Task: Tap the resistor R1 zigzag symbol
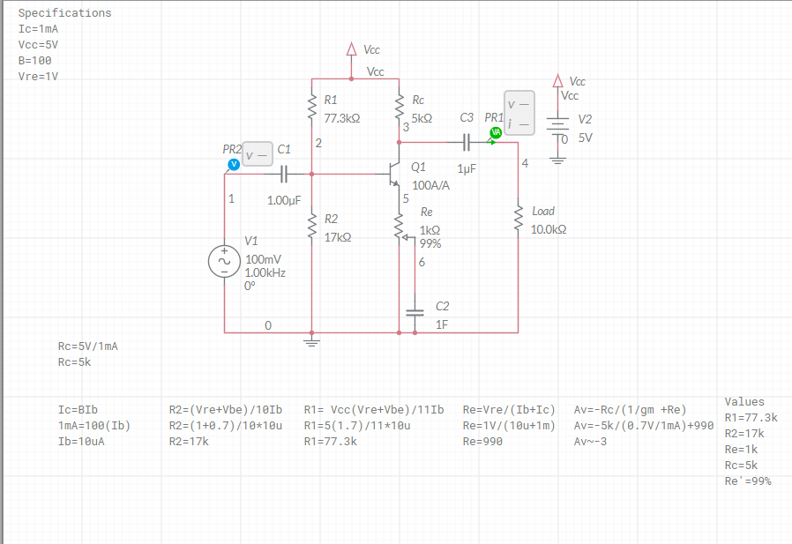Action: point(312,108)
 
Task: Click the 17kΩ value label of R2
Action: point(337,237)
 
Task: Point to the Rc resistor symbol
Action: point(400,108)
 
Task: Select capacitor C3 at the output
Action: point(467,141)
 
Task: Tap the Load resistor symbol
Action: point(518,220)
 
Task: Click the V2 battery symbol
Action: point(557,125)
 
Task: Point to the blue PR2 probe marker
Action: point(234,164)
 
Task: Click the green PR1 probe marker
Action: point(496,132)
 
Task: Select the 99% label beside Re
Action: point(430,244)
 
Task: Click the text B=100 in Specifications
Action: point(35,61)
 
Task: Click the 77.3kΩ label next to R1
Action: point(342,117)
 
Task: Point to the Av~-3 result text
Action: point(590,442)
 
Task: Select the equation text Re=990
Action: point(482,442)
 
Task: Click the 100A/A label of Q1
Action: point(431,185)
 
